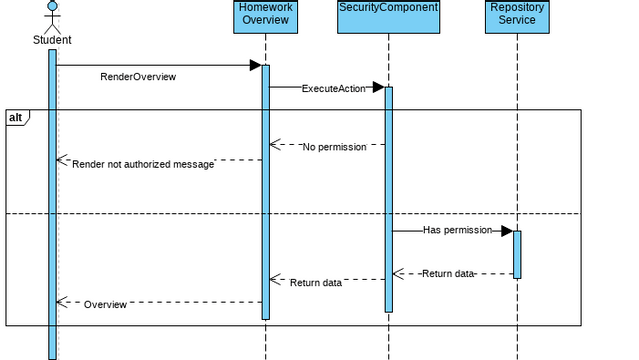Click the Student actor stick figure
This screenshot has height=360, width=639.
tap(52, 15)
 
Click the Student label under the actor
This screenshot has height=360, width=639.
tap(52, 40)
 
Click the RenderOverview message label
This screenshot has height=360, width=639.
tap(138, 77)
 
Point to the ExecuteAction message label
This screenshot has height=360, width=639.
tap(333, 88)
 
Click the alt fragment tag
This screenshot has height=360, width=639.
tap(17, 118)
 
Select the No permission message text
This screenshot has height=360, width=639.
tap(334, 147)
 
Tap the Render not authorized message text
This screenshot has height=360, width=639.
tap(142, 164)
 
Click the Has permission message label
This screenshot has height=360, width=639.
tap(457, 230)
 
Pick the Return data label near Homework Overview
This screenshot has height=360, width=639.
tap(316, 283)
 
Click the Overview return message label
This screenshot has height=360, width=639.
tap(105, 303)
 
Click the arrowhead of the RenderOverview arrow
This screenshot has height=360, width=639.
tap(255, 66)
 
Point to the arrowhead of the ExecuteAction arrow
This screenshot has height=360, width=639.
tap(379, 87)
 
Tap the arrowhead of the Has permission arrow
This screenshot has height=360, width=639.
tap(507, 231)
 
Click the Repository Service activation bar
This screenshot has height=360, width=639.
tap(517, 254)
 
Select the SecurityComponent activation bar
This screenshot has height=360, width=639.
tap(389, 200)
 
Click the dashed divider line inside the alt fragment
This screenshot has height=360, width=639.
tap(300, 214)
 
